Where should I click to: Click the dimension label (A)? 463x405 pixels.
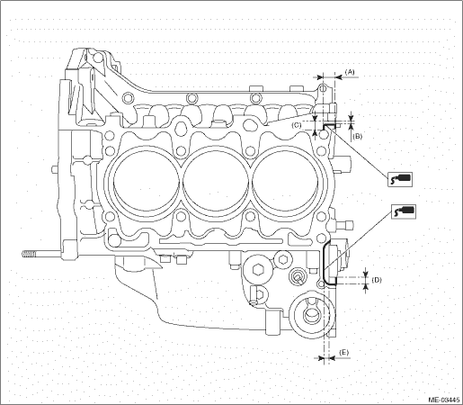pos(350,72)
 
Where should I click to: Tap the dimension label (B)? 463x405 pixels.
pos(357,136)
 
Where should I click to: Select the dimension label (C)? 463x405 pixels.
pos(297,125)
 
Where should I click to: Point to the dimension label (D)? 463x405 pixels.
pos(377,280)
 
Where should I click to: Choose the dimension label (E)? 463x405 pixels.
pos(343,353)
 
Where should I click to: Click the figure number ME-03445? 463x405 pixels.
pos(444,400)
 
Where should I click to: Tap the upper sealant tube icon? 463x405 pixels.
pos(400,179)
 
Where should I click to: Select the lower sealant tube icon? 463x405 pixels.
pos(403,211)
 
